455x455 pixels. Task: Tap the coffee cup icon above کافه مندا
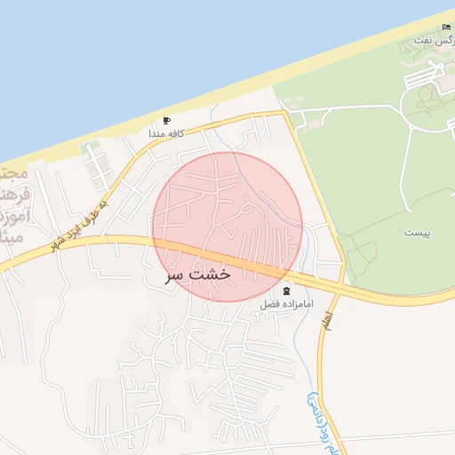click(167, 121)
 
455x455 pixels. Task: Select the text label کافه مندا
click(168, 133)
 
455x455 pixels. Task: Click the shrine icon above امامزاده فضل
click(286, 291)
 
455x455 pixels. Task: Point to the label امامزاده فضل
click(283, 304)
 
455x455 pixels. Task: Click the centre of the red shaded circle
click(227, 227)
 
